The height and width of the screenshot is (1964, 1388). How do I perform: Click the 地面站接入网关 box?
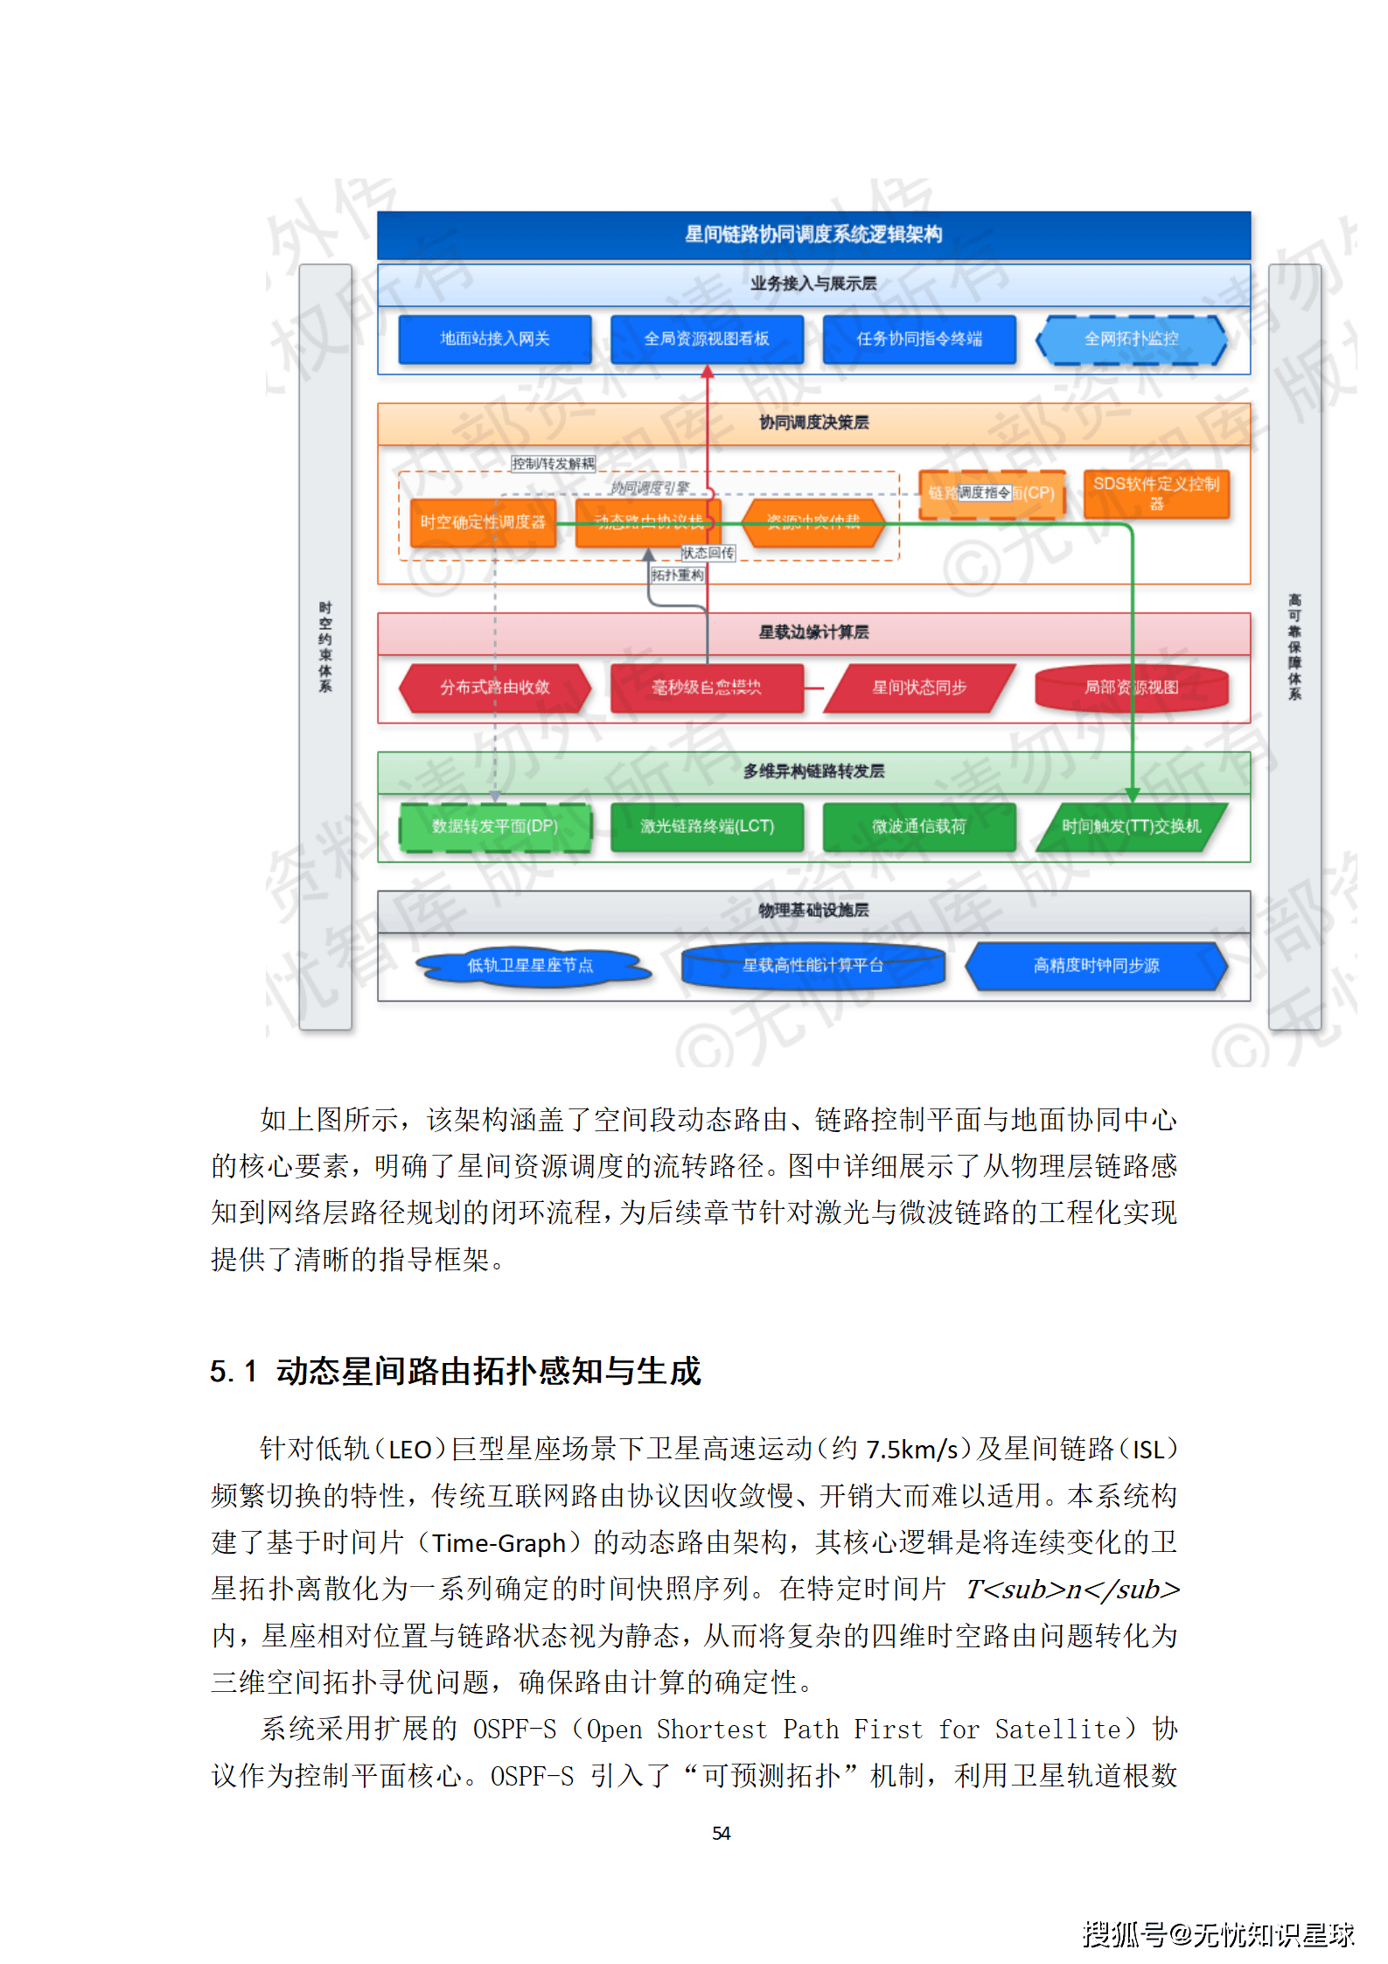[x=494, y=339]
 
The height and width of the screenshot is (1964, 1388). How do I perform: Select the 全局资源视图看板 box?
[x=706, y=339]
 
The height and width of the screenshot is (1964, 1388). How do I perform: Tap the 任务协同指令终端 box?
[x=918, y=339]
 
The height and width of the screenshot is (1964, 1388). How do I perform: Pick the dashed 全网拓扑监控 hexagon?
[x=1131, y=339]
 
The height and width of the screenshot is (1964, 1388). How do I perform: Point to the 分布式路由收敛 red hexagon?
[x=494, y=688]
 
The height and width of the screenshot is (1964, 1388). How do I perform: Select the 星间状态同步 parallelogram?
[x=918, y=688]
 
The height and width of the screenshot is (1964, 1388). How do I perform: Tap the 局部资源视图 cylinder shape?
[x=1131, y=688]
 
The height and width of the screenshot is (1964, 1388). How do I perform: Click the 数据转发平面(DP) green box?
[x=494, y=827]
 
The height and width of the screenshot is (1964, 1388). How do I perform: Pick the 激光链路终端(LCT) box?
[x=706, y=827]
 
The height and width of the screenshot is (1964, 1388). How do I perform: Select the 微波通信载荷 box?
[x=918, y=827]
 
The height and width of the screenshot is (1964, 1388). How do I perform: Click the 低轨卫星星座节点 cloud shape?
[x=530, y=966]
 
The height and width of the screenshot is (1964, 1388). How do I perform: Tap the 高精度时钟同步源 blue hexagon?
[x=1096, y=966]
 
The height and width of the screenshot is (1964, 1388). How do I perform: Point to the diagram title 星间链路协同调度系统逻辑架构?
[x=813, y=234]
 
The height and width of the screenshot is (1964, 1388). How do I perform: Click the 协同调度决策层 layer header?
[x=813, y=423]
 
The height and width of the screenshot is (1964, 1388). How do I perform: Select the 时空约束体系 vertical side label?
[x=325, y=647]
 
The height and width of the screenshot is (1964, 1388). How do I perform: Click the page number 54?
[x=721, y=1833]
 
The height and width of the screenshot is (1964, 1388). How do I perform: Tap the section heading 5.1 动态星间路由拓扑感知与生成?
[x=455, y=1371]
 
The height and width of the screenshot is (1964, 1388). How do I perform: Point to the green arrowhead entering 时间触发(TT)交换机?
[x=1132, y=794]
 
